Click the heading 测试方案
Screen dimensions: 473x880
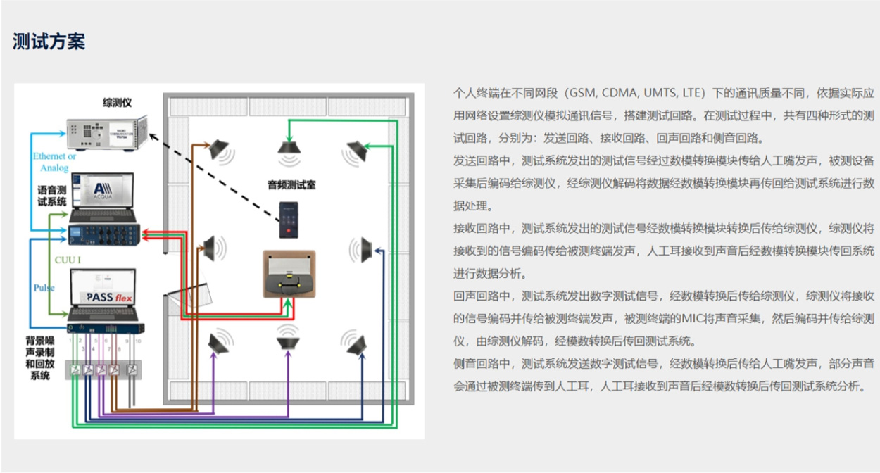49,42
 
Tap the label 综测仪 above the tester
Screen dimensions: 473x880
118,103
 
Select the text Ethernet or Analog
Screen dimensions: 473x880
54,162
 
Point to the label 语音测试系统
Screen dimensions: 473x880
51,196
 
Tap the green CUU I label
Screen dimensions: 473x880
68,260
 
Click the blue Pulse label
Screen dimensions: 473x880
44,288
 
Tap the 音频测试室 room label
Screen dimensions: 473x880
291,185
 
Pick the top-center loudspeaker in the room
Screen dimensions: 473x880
289,146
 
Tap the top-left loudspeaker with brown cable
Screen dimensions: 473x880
219,149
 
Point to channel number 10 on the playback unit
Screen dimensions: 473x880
138,341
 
